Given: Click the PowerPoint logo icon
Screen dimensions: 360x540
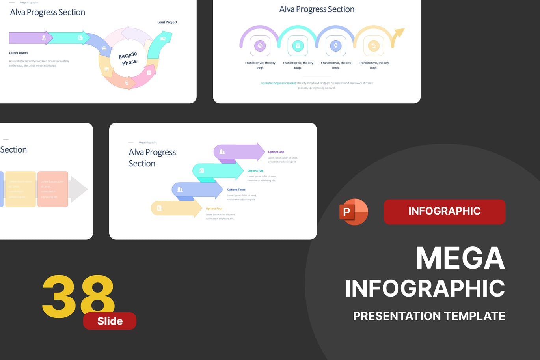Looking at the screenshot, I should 353,212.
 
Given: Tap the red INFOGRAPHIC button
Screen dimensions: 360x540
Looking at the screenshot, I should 444,211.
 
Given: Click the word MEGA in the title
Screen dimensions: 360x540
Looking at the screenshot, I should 460,258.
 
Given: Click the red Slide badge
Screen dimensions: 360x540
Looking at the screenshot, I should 110,321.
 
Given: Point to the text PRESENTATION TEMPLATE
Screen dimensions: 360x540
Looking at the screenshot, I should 429,316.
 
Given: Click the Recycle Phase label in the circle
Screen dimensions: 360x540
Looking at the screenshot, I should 128,58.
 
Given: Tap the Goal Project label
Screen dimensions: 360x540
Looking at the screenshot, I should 167,22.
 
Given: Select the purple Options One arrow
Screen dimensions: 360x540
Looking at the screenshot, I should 238,152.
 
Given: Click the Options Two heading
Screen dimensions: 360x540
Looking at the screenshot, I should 255,171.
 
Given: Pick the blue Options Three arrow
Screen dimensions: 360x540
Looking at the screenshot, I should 197,190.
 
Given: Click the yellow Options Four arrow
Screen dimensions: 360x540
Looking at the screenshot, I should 176,208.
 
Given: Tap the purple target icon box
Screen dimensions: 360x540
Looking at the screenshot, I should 260,46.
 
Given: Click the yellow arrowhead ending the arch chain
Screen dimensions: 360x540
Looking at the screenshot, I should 399,33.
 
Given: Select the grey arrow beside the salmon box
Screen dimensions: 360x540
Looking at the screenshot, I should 78,189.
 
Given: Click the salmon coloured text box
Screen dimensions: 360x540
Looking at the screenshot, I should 53,189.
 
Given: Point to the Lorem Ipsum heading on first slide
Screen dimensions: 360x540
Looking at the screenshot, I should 18,53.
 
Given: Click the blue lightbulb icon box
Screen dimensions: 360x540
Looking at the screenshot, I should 335,46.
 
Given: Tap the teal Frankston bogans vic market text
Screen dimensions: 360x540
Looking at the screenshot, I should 278,83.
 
